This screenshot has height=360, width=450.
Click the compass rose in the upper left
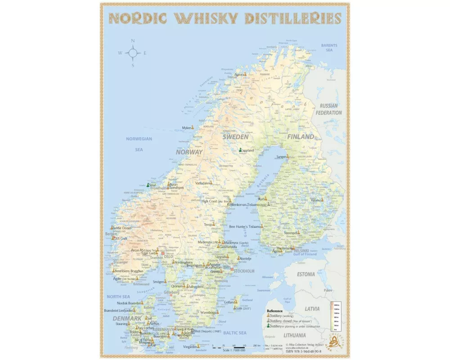[133, 53]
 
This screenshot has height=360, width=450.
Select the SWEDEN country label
[236, 136]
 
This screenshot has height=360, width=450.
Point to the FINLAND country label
[301, 136]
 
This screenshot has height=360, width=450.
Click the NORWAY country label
[189, 152]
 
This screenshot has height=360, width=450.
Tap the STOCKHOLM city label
[244, 271]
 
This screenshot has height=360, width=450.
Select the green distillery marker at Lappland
[241, 150]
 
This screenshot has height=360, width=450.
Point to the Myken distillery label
[186, 128]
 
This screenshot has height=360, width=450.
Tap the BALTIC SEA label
[235, 333]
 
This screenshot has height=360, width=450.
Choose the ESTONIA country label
[306, 274]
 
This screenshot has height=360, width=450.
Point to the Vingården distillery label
[190, 347]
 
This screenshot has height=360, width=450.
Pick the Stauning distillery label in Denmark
[122, 324]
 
